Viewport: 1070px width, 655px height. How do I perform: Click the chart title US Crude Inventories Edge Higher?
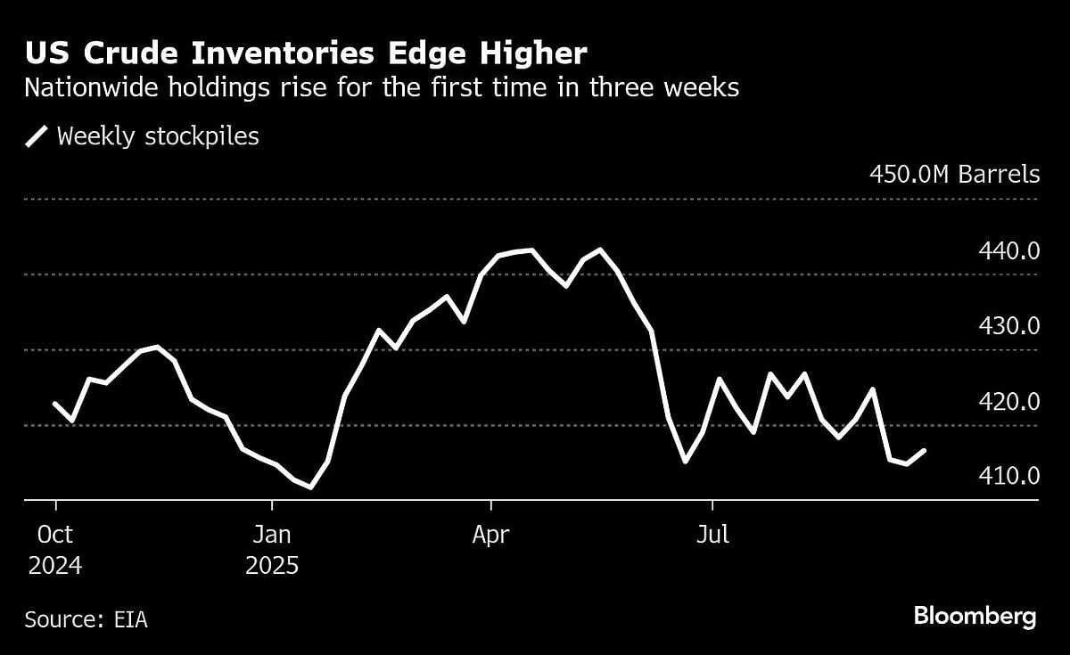point(306,53)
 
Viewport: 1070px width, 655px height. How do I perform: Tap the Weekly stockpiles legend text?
point(158,136)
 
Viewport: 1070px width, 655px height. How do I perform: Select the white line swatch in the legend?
point(37,136)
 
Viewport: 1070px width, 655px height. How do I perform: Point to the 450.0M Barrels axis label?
point(954,174)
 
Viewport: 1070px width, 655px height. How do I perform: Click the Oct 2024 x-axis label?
point(55,549)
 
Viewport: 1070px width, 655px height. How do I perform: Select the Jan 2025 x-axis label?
point(271,549)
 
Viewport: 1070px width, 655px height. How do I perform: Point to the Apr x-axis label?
point(490,535)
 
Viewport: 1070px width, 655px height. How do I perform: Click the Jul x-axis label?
point(713,535)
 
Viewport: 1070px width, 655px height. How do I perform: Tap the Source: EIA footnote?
point(86,619)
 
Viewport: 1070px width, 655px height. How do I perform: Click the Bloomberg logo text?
point(975,616)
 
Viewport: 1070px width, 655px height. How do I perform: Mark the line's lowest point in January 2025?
point(310,487)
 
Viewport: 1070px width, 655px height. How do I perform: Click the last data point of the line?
point(925,451)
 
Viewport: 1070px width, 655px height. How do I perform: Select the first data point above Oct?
point(55,405)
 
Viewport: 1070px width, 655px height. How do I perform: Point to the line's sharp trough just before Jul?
point(685,462)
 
